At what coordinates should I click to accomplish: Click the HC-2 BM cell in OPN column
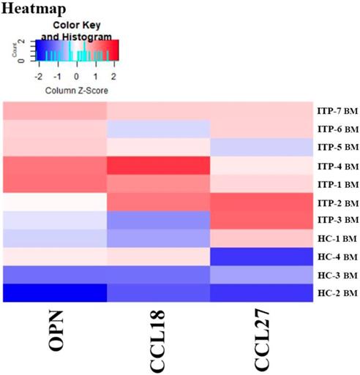point(55,290)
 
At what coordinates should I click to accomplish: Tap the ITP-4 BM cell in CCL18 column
point(158,165)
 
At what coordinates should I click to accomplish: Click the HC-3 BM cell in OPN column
point(55,272)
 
